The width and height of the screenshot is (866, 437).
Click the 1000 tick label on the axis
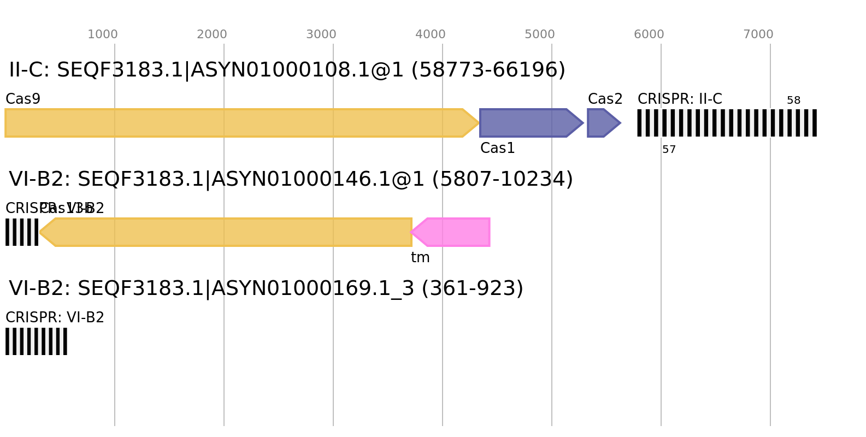103,34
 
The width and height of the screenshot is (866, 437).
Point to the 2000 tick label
212,34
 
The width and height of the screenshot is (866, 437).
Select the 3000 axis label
321,34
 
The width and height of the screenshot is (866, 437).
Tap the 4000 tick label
431,34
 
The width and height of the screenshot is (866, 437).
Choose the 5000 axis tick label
540,34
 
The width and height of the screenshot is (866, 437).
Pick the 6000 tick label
649,34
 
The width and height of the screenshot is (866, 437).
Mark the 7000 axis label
758,34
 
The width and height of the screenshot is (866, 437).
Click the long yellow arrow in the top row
235,123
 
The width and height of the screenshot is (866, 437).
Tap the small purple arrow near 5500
601,123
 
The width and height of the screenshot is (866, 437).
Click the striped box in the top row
727,123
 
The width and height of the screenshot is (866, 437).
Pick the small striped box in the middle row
22,232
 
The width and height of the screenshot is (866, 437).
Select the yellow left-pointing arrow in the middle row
229,232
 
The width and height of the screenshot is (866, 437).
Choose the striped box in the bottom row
36,341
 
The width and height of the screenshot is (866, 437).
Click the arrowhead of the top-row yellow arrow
478,123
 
